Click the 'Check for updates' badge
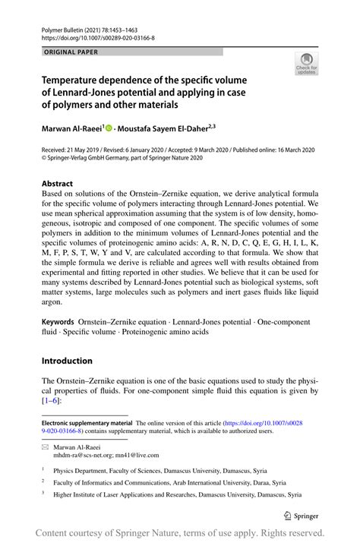click(x=307, y=64)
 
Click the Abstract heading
click(x=58, y=183)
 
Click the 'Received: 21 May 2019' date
click(x=75, y=150)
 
